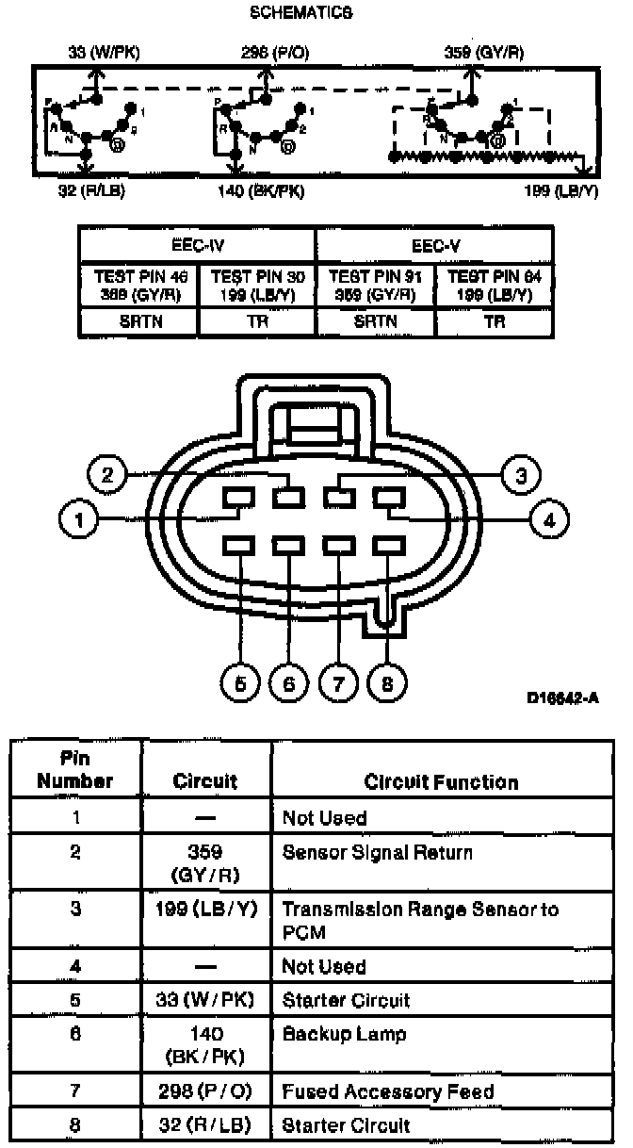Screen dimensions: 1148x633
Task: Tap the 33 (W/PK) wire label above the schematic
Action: [104, 53]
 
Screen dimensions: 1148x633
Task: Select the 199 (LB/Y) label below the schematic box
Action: [561, 191]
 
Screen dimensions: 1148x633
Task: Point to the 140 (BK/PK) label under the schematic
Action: [261, 191]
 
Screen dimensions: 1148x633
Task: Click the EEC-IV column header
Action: [197, 244]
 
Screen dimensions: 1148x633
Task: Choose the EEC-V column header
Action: [434, 244]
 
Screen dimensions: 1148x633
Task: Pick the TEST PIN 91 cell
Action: [376, 285]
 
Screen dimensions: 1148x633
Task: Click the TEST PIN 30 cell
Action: [257, 285]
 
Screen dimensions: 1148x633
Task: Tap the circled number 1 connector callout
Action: [78, 519]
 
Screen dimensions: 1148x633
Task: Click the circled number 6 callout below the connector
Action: [289, 683]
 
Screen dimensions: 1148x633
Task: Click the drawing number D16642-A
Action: [562, 698]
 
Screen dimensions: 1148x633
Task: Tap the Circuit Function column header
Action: [441, 782]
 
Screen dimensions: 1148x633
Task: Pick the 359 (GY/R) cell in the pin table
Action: [205, 863]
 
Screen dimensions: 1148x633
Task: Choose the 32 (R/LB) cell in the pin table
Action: [205, 1124]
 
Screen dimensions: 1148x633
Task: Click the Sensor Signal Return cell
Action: [378, 853]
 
